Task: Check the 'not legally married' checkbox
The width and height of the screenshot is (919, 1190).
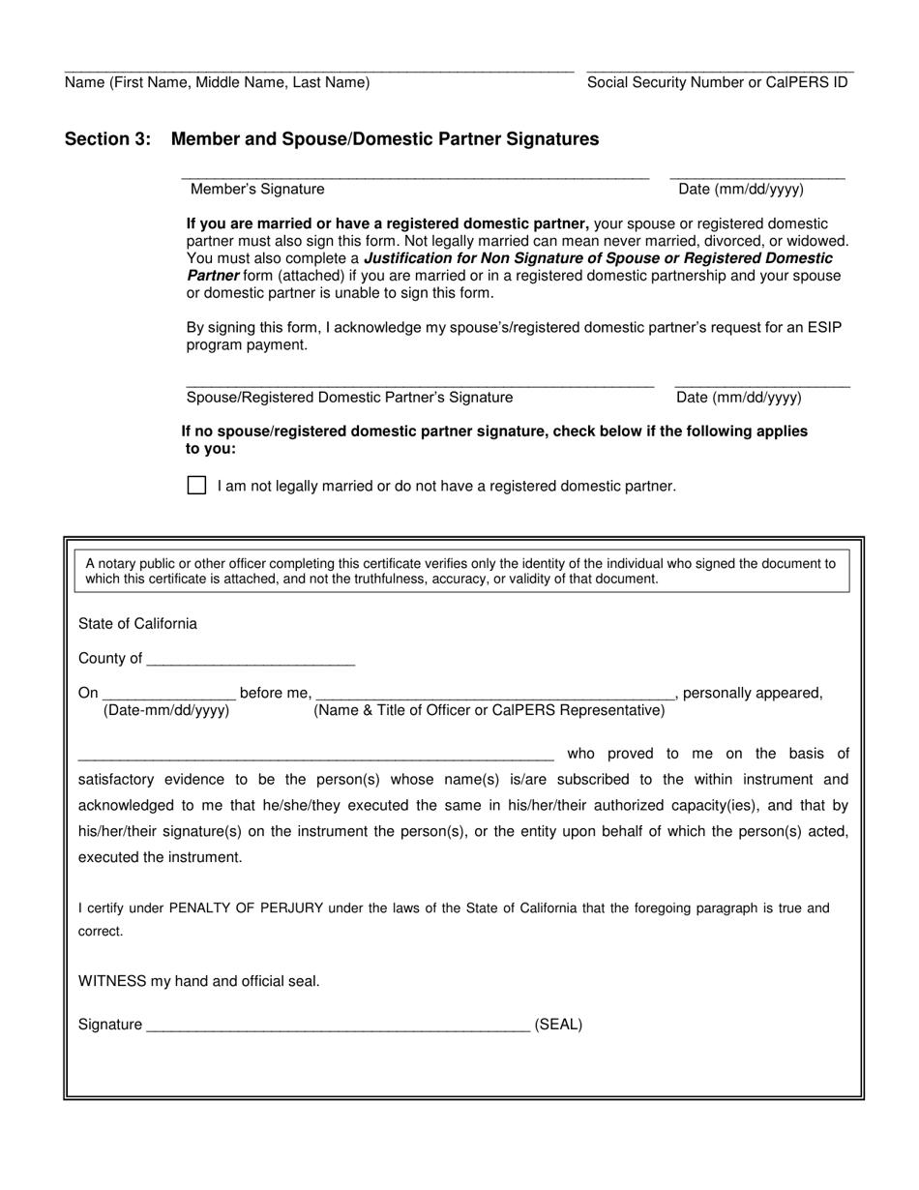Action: (196, 486)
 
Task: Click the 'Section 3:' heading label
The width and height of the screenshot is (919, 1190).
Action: (107, 139)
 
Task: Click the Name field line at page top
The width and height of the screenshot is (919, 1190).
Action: (318, 69)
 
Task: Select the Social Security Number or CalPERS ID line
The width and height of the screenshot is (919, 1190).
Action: (720, 69)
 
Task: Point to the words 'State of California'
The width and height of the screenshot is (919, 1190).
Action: (137, 624)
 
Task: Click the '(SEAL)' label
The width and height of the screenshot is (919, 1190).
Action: (558, 1025)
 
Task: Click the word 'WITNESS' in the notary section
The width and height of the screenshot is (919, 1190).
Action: (112, 981)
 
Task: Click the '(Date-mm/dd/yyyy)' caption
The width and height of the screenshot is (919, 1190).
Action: (166, 711)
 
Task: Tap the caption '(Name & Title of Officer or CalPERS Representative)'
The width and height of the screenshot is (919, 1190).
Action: (489, 711)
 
